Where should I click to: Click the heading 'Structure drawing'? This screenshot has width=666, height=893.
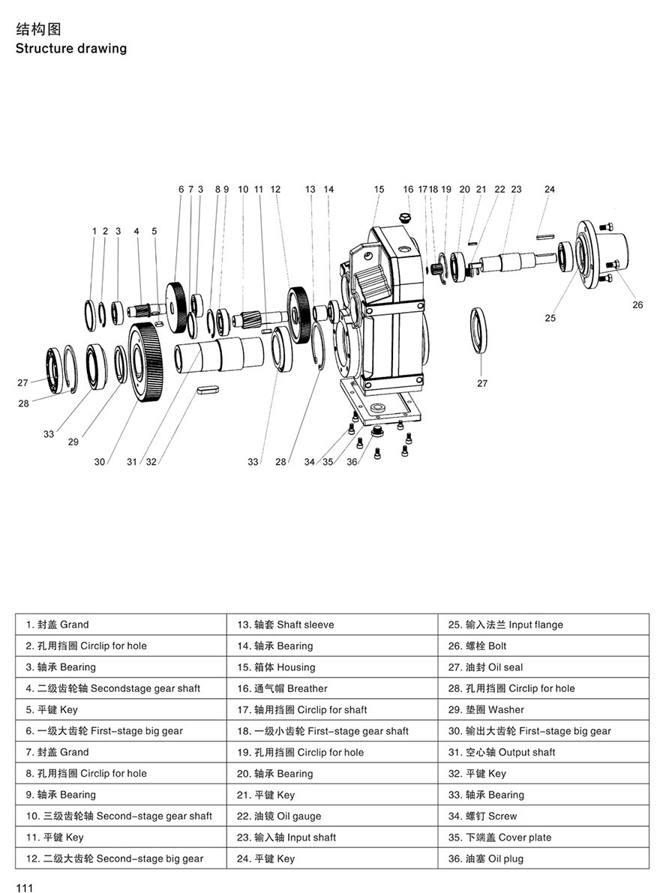pyautogui.click(x=71, y=49)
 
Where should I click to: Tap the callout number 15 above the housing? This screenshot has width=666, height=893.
pyautogui.click(x=379, y=190)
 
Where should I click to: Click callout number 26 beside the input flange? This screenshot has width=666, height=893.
pyautogui.click(x=637, y=304)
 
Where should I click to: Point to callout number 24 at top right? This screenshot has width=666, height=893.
pyautogui.click(x=550, y=190)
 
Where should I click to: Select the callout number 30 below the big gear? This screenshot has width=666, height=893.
pyautogui.click(x=100, y=462)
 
